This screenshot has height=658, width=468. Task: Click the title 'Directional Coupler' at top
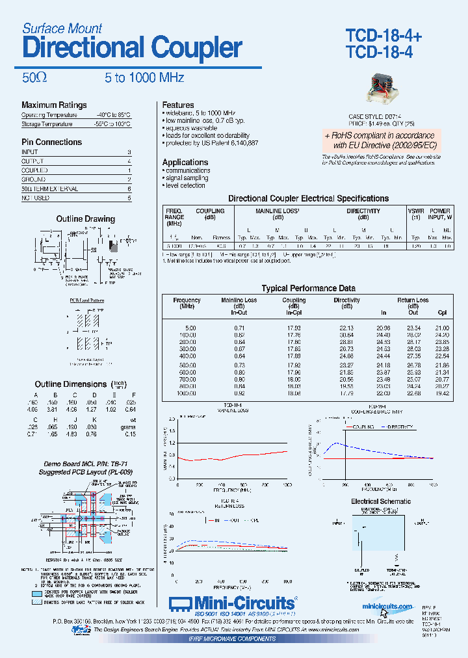click(x=132, y=49)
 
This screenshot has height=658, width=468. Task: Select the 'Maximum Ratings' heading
click(x=54, y=105)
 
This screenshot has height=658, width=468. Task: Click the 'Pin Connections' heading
click(x=51, y=142)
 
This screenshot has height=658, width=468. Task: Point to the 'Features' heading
click(x=178, y=105)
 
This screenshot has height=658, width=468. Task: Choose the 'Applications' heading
click(x=185, y=163)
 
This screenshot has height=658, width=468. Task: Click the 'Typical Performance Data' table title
click(x=308, y=288)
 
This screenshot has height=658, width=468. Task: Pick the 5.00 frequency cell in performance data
click(x=189, y=328)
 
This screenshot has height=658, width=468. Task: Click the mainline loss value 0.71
click(x=239, y=328)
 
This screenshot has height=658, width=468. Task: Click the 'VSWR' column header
click(x=416, y=211)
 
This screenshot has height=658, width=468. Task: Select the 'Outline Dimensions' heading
click(x=71, y=384)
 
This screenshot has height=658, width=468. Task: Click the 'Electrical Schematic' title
click(x=381, y=502)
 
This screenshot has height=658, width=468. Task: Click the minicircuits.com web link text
click(x=387, y=607)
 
